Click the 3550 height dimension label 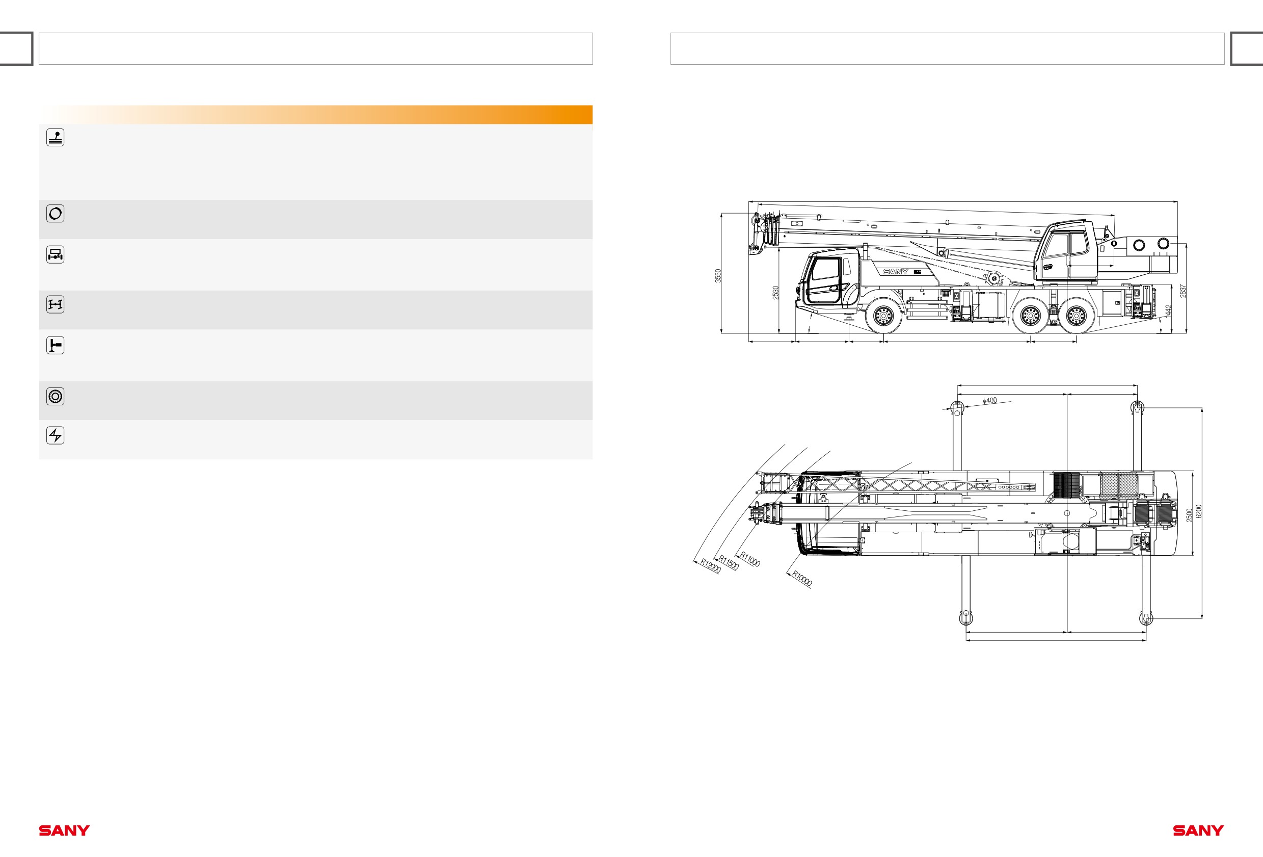718,276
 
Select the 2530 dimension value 776,293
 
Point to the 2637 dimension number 1183,292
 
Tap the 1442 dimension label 1168,311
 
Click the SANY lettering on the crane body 896,271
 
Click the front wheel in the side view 883,316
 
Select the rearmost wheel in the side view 1077,316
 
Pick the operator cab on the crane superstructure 1066,251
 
